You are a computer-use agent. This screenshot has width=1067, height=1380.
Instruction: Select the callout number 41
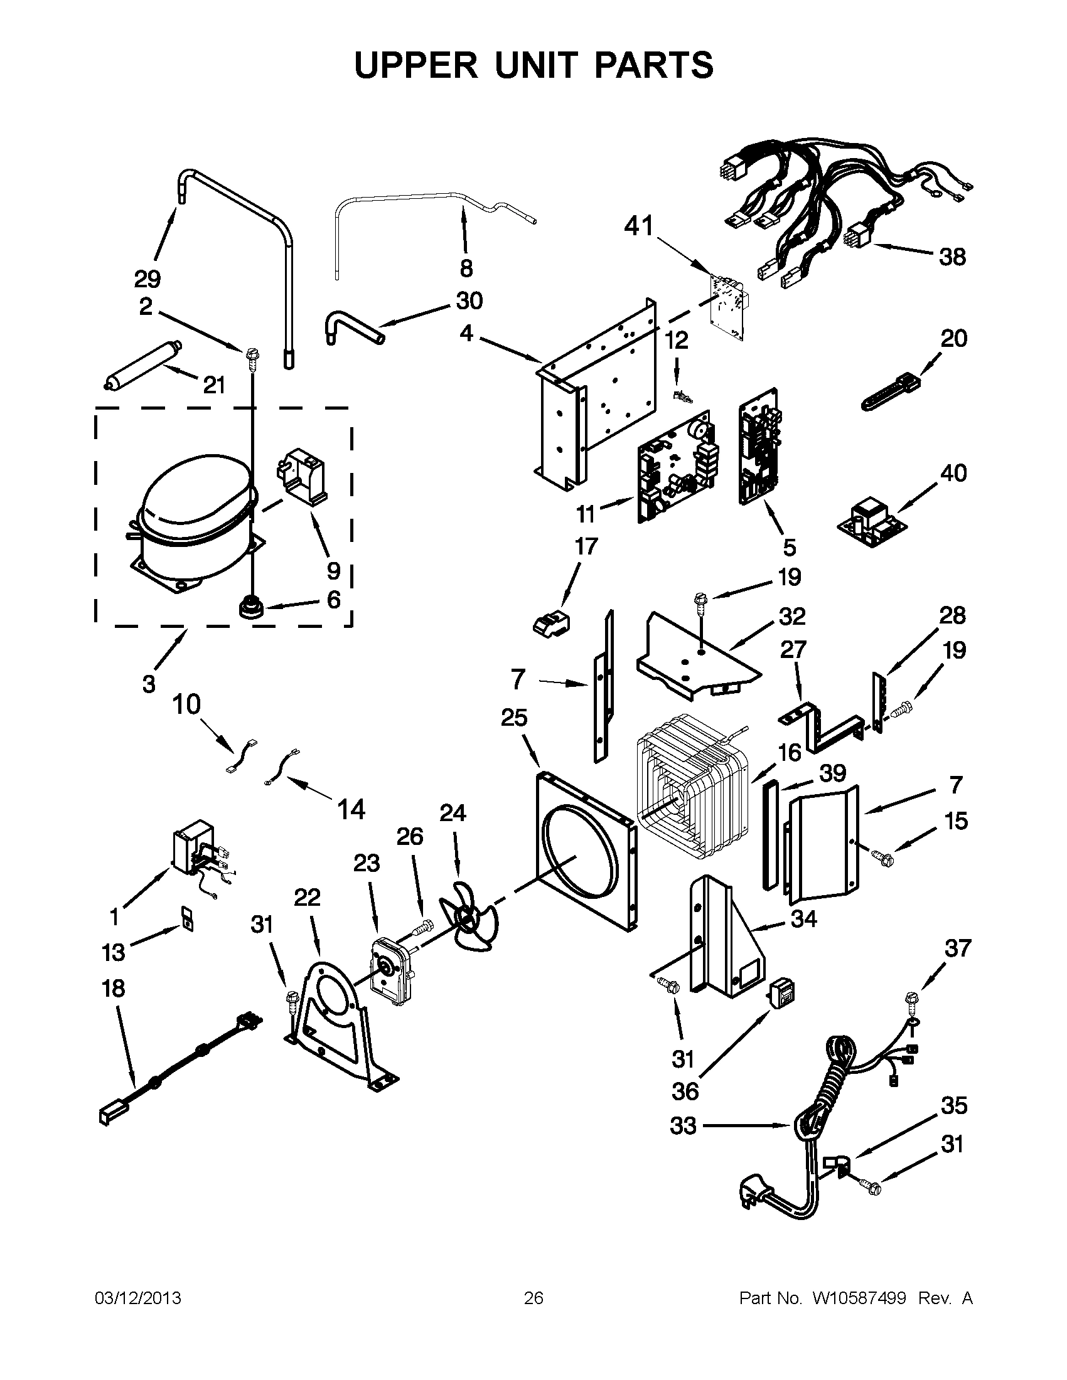(638, 226)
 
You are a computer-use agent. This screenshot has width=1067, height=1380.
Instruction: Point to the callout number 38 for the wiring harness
(952, 257)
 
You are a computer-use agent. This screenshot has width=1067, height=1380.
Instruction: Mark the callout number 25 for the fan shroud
(514, 718)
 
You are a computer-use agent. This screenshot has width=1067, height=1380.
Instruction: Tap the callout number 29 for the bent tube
(147, 279)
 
